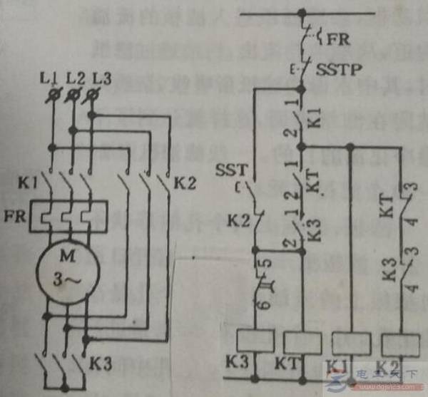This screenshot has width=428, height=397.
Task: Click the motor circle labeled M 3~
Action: (63, 267)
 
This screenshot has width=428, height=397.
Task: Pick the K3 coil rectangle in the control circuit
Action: (255, 342)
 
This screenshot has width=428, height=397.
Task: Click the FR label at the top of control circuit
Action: (337, 37)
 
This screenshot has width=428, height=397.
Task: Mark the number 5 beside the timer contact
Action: (267, 264)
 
